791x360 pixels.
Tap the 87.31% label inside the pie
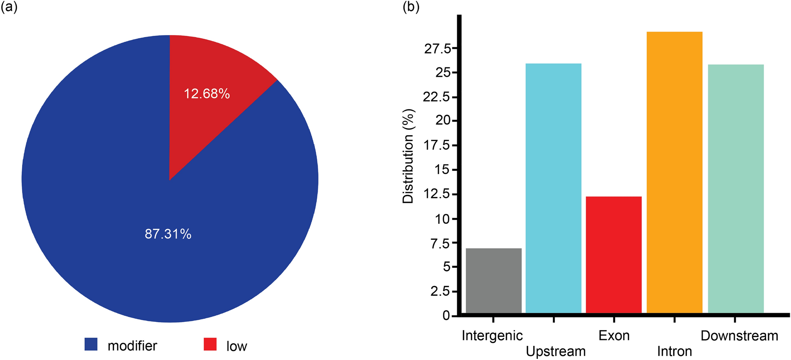[x=168, y=234]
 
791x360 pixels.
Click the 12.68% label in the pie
[x=207, y=94]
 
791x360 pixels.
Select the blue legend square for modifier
[x=91, y=344]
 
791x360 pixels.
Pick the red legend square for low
[x=210, y=344]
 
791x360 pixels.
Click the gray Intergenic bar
[x=493, y=280]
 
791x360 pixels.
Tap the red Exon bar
[x=614, y=254]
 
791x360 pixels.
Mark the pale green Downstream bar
[x=735, y=189]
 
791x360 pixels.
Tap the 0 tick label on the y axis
[x=446, y=315]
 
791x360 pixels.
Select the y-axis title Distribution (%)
[x=408, y=156]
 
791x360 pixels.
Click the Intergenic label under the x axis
[x=492, y=336]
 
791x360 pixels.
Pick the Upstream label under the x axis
[x=555, y=351]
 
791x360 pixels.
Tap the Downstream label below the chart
[x=739, y=336]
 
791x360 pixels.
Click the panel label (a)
[x=9, y=7]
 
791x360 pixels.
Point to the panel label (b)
[x=411, y=7]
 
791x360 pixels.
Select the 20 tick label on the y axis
[x=443, y=121]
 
